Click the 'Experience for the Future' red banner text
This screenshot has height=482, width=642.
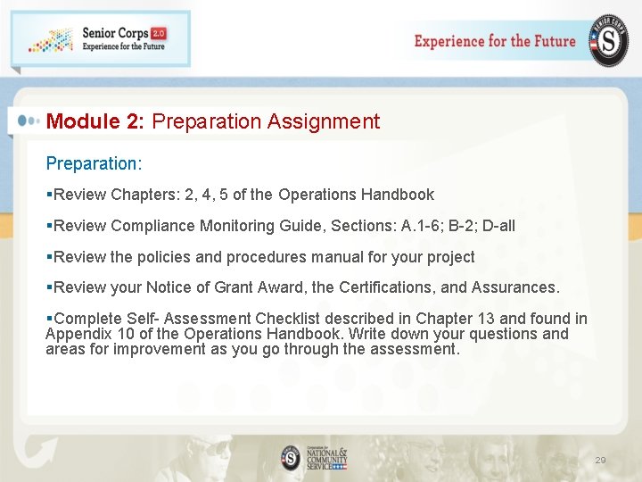(495, 41)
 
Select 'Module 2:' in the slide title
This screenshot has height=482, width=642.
(95, 121)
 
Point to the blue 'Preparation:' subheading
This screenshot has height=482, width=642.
(94, 164)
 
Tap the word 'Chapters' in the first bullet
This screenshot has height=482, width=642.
(144, 195)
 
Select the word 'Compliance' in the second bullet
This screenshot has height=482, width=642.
(152, 226)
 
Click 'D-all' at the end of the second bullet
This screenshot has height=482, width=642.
(498, 226)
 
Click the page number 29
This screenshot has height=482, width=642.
(600, 461)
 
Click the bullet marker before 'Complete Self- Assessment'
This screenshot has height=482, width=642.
(49, 319)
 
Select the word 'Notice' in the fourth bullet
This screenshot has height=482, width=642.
(168, 287)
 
